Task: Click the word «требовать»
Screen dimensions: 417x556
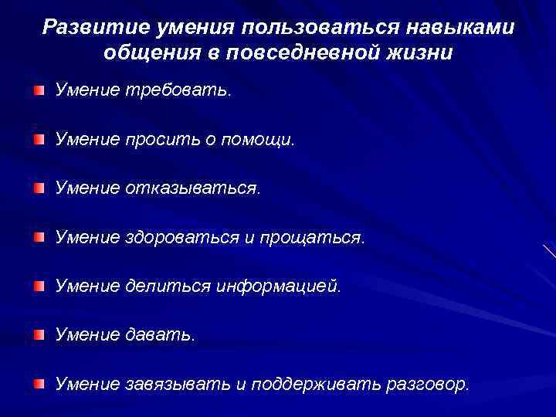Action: pyautogui.click(x=177, y=91)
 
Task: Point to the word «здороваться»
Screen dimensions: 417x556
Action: pyautogui.click(x=182, y=237)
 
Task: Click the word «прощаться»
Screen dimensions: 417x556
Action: pyautogui.click(x=312, y=237)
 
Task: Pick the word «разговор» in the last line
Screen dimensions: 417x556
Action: pyautogui.click(x=429, y=383)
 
